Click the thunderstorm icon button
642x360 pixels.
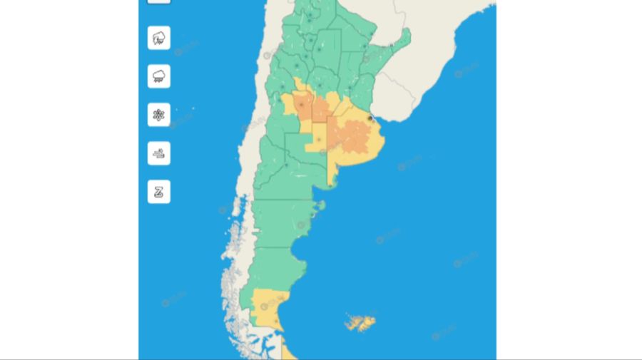click(x=159, y=38)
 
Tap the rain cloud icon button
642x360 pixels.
click(x=159, y=76)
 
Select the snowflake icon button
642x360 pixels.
click(x=159, y=115)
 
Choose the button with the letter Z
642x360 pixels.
click(x=159, y=192)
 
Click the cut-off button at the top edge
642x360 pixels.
click(x=159, y=1)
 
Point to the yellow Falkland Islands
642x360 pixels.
click(x=360, y=323)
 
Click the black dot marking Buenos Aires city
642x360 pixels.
click(x=370, y=118)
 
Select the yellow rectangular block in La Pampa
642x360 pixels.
click(x=317, y=140)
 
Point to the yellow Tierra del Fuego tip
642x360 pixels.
click(x=289, y=351)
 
